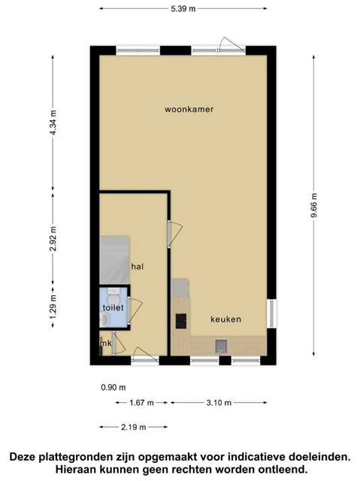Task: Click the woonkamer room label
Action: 189,110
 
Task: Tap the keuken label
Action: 225,319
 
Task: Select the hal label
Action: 138,267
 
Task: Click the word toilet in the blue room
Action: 113,307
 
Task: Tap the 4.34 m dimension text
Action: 53,120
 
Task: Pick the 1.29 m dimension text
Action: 53,310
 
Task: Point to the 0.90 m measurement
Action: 113,388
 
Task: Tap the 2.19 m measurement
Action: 132,428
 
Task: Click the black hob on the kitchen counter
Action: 180,322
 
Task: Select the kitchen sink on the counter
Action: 220,346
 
